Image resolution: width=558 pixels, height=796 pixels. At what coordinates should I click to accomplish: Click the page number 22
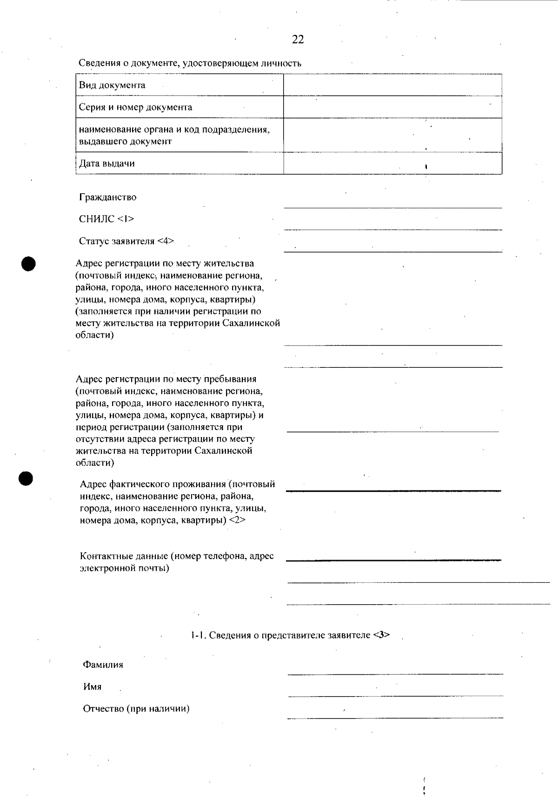[298, 40]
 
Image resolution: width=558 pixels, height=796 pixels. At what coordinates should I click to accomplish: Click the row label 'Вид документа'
[112, 85]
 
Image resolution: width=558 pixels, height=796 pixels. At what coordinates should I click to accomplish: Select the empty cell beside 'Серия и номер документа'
[392, 107]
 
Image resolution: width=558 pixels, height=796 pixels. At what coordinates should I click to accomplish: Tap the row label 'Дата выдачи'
[107, 164]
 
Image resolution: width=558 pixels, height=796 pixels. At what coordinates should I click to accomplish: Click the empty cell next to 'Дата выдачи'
[392, 163]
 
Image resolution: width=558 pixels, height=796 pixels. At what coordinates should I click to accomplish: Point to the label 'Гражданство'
[108, 197]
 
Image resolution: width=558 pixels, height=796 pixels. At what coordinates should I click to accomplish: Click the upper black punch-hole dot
[28, 263]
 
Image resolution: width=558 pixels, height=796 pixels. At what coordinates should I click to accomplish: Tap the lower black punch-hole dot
[27, 478]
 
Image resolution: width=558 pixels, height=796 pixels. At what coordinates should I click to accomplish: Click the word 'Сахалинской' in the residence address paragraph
[252, 323]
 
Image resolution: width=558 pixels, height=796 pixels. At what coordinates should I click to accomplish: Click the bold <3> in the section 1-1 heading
[381, 635]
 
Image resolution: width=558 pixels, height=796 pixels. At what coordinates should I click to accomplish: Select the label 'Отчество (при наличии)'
[136, 709]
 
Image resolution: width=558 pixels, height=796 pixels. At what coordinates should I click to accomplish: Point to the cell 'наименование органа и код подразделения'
[174, 130]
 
